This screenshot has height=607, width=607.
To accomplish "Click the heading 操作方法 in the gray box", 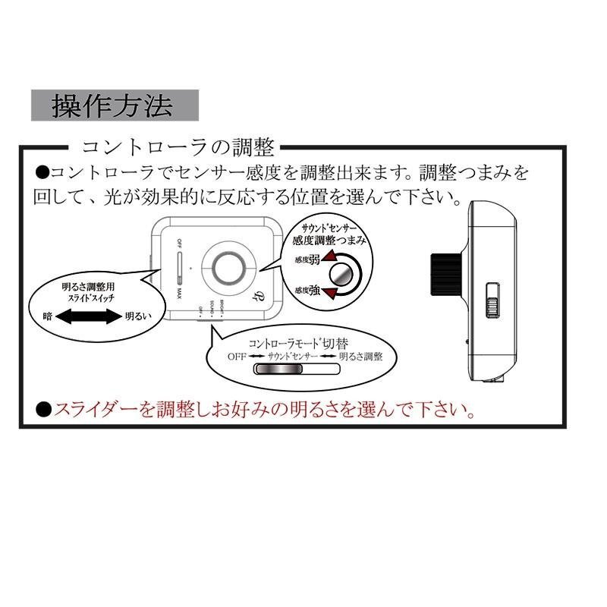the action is [x=114, y=105].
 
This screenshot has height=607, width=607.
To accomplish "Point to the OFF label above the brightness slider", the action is [x=179, y=244].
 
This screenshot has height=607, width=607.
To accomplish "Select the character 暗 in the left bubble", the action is [x=48, y=318].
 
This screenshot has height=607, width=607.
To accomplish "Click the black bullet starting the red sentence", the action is [x=42, y=410].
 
